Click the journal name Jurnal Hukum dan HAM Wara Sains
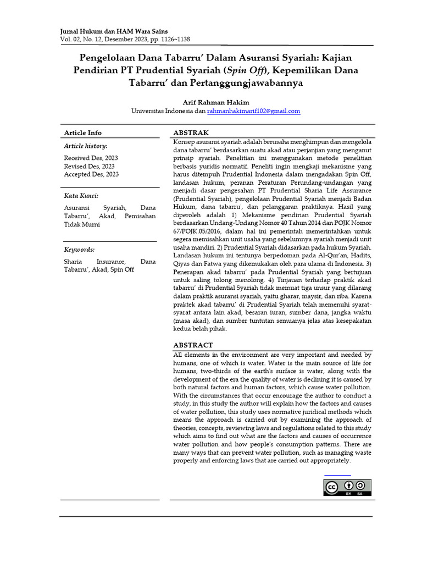(114, 32)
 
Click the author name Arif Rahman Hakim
(215, 102)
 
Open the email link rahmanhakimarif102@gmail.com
(253, 111)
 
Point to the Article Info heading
(82, 133)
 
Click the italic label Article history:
(86, 146)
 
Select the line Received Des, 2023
(91, 158)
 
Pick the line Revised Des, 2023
(90, 166)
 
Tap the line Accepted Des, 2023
(91, 174)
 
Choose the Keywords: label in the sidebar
(79, 249)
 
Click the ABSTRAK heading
(191, 133)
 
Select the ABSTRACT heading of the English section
(193, 345)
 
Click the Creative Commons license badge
(347, 488)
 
